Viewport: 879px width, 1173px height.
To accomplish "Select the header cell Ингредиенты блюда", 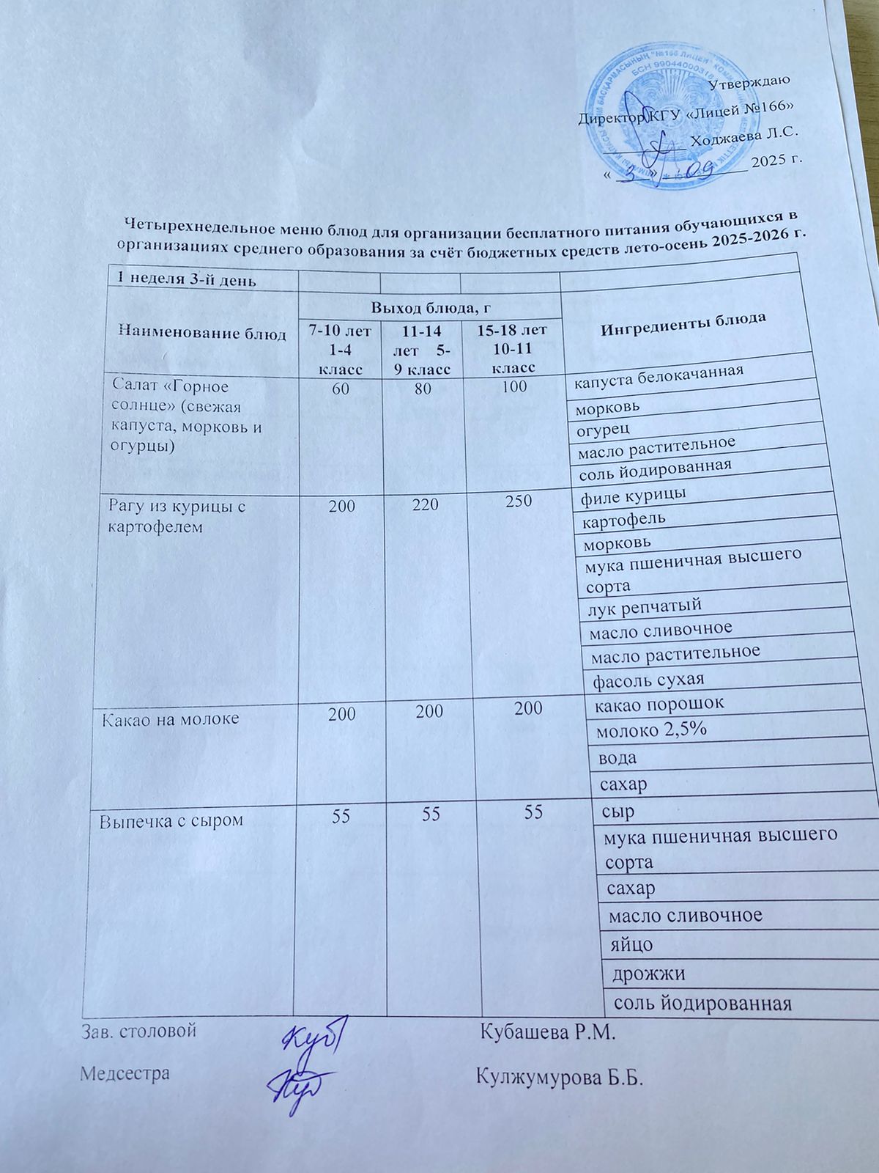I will (x=683, y=323).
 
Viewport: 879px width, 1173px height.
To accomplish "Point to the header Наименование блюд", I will (x=203, y=332).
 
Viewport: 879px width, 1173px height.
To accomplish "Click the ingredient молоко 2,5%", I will (x=652, y=730).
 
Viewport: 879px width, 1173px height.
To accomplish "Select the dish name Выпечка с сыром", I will (x=171, y=821).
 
